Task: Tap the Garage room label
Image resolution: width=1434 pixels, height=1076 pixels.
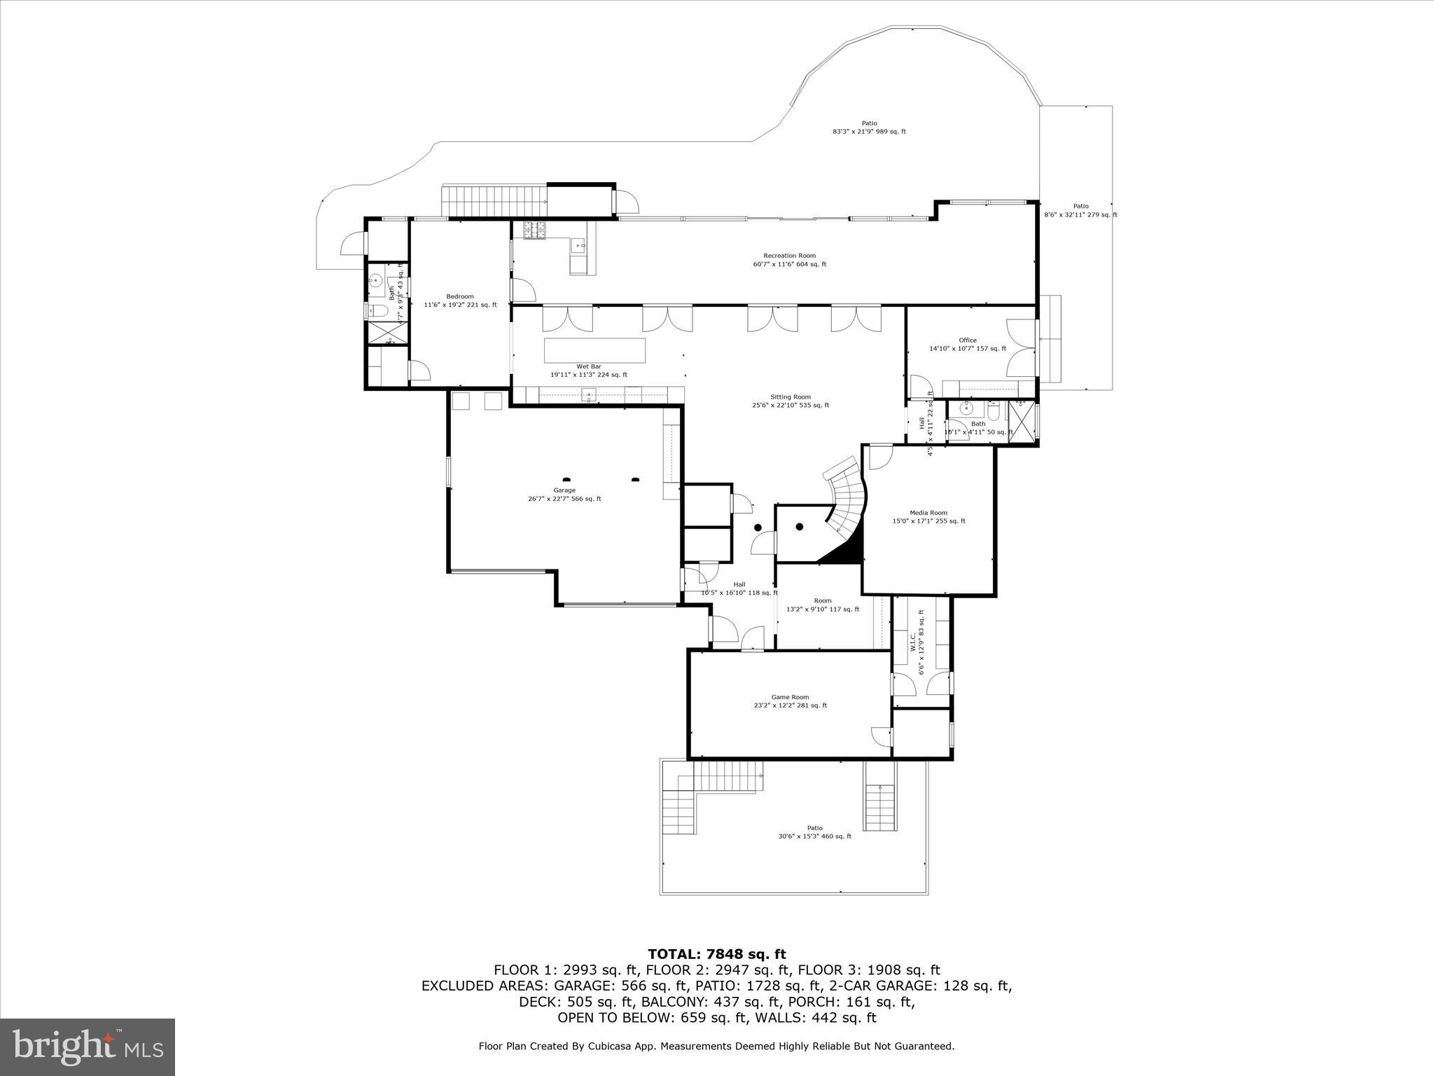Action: (564, 495)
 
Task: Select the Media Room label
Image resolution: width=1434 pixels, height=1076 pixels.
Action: (928, 517)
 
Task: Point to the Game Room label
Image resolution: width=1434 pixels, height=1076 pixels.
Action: (790, 701)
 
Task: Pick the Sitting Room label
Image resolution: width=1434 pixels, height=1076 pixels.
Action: (791, 401)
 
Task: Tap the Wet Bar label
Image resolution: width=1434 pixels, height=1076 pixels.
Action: (589, 371)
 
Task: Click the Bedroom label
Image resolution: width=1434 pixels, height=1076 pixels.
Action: (460, 301)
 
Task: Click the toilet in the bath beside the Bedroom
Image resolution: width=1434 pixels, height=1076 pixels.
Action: (377, 311)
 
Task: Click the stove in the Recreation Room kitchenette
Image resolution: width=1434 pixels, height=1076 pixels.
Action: (534, 230)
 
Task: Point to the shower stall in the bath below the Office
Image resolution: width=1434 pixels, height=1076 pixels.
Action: (1023, 422)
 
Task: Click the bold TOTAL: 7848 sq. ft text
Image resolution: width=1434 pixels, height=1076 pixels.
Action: (716, 954)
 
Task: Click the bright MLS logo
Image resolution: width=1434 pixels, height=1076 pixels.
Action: (88, 1047)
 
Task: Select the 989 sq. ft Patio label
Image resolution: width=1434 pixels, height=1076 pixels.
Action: (869, 127)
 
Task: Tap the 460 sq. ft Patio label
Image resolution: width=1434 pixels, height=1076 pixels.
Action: (814, 832)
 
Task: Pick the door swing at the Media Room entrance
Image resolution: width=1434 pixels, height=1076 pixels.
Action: (880, 457)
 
